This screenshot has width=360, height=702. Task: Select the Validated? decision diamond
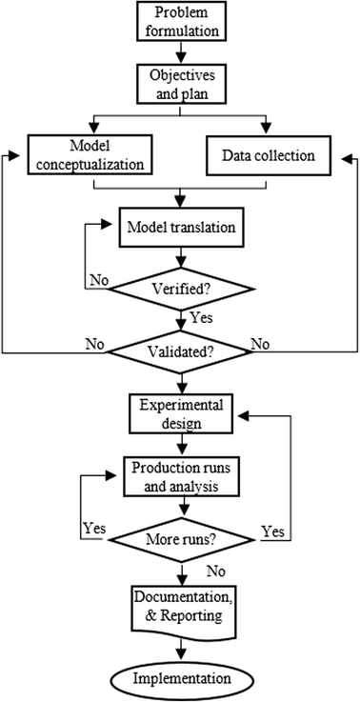(180, 350)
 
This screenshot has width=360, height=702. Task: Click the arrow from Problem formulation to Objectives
(179, 51)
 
